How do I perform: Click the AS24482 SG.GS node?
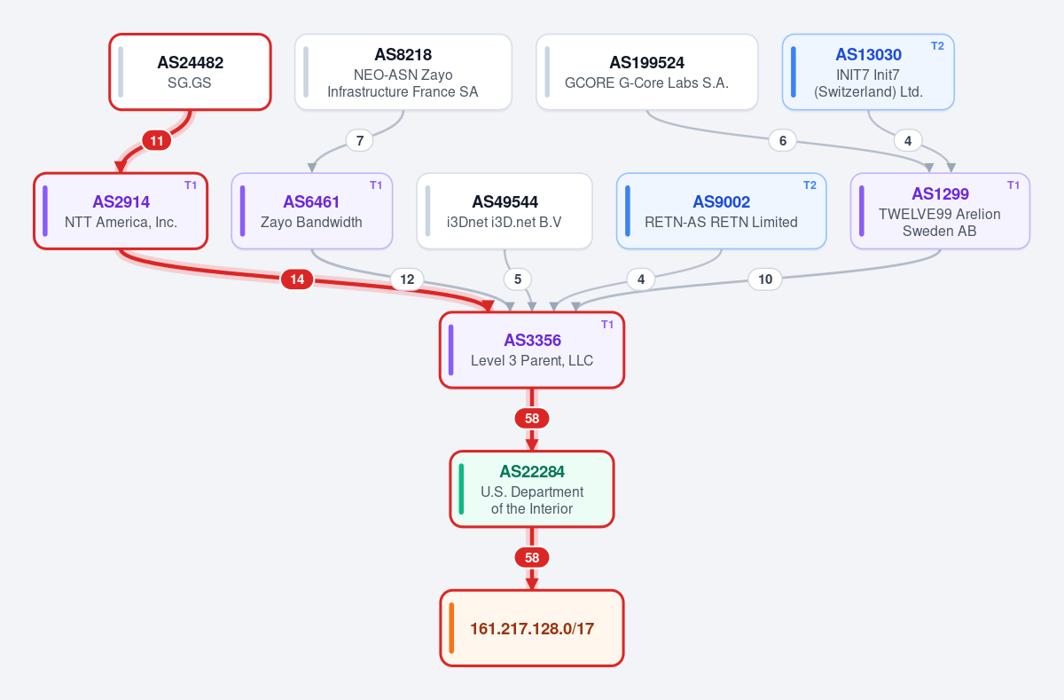click(x=190, y=72)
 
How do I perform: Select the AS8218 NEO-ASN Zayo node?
click(x=403, y=72)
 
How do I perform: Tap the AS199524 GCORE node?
click(x=647, y=72)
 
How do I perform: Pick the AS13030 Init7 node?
click(x=868, y=72)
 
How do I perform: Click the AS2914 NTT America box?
click(x=121, y=211)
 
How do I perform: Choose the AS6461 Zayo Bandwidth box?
click(x=312, y=211)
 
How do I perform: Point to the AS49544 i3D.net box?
click(x=505, y=211)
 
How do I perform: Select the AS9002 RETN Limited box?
click(x=722, y=211)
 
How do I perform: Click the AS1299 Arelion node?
click(x=940, y=211)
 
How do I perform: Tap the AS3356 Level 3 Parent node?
click(x=532, y=350)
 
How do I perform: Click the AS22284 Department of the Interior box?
click(x=532, y=489)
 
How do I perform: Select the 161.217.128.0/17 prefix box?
click(x=532, y=628)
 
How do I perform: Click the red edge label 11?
click(x=157, y=141)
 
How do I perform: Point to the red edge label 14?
click(x=297, y=279)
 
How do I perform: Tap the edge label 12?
click(x=407, y=279)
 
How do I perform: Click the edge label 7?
click(x=360, y=141)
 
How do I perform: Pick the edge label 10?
click(x=765, y=279)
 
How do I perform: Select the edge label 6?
click(x=783, y=141)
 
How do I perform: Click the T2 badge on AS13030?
click(x=937, y=46)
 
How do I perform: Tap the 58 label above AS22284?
click(x=532, y=418)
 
